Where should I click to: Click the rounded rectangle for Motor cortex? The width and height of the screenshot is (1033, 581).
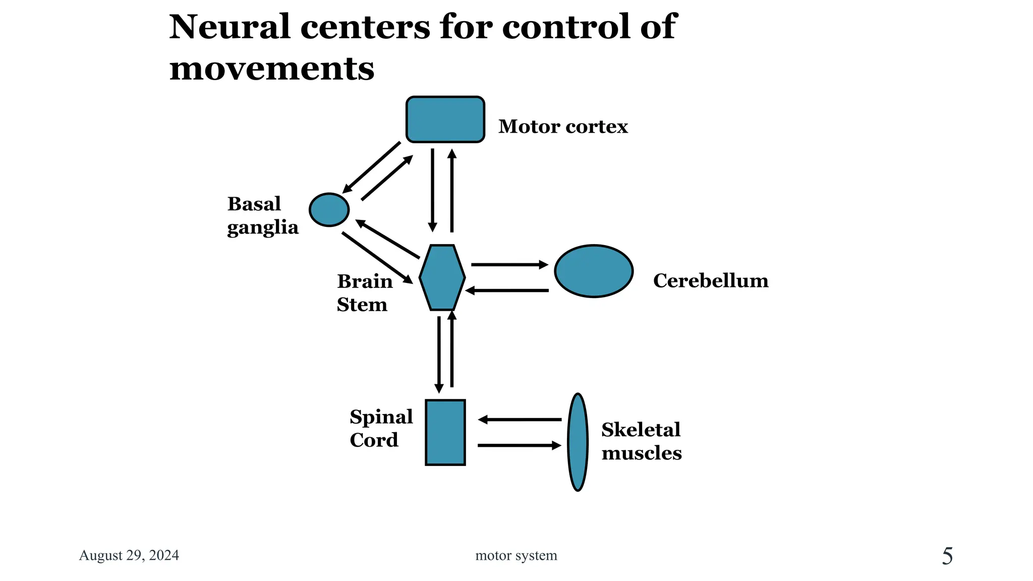445,120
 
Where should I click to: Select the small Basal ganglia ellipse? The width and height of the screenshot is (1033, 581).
329,209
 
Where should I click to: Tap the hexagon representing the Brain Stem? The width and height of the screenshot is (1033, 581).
442,277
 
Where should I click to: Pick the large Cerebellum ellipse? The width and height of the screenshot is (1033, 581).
594,271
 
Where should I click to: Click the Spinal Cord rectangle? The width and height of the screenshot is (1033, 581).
445,432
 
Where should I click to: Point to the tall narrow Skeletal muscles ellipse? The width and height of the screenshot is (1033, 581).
578,442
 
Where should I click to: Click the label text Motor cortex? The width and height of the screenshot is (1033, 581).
563,127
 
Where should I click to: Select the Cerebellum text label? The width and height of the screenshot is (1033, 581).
710,281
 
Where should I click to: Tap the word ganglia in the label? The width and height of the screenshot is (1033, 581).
262,228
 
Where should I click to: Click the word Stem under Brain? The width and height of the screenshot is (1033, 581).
362,305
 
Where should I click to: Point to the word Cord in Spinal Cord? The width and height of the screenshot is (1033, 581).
374,440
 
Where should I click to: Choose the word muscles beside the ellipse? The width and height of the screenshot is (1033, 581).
641,453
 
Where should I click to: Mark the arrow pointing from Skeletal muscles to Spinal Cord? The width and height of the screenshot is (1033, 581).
520,419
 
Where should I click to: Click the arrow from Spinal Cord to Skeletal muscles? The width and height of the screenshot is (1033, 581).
520,445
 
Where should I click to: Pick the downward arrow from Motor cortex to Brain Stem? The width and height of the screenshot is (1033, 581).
432,189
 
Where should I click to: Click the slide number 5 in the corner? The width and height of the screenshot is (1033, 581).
947,556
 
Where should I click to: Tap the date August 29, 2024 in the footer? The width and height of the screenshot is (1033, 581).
129,555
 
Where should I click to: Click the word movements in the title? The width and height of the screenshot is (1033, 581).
272,69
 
